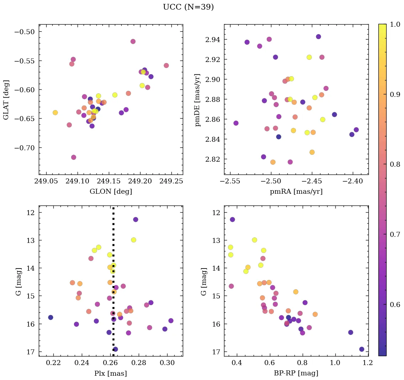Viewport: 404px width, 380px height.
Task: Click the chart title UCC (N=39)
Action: [188, 7]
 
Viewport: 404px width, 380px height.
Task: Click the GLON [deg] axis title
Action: [111, 192]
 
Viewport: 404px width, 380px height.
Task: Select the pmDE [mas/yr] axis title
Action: [198, 100]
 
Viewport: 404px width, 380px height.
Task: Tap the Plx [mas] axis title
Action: [111, 373]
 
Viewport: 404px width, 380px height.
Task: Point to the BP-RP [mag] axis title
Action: [296, 373]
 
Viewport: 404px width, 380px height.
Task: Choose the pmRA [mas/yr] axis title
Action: [296, 192]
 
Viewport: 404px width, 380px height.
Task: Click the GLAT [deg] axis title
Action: [6, 100]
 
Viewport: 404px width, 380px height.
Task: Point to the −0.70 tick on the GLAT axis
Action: [24, 148]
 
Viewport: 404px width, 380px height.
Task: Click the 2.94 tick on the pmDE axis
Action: [212, 39]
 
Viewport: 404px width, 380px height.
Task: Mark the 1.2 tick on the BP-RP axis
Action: [368, 363]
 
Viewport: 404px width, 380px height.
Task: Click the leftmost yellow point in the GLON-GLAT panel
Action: [55, 113]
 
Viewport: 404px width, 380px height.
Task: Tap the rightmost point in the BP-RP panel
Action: [362, 349]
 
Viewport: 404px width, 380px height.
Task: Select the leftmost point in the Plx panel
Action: [51, 317]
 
